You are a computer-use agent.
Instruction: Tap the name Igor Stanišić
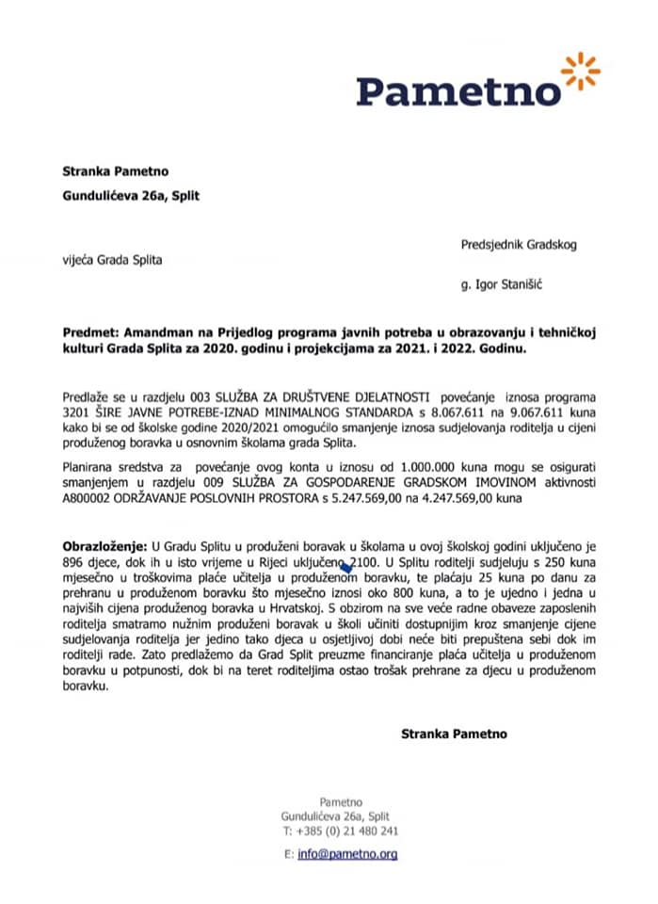click(x=505, y=281)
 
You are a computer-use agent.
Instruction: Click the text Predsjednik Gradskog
click(x=519, y=244)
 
